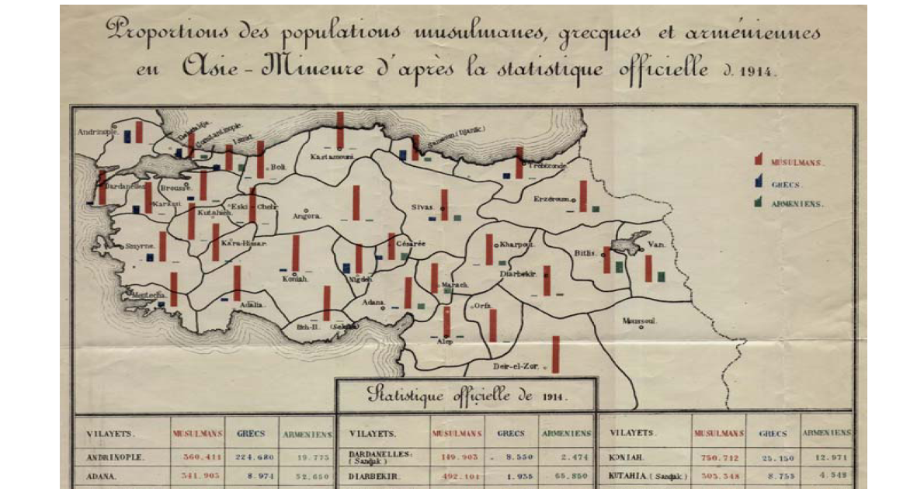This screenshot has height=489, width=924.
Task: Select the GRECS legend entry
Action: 786,185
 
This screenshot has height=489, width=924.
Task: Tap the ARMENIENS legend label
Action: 796,204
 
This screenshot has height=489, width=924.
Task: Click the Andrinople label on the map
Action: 98,132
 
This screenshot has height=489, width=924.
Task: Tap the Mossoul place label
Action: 640,320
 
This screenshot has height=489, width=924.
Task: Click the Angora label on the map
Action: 306,217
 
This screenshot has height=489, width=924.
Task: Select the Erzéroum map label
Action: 551,199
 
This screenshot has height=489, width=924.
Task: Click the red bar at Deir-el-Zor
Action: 556,354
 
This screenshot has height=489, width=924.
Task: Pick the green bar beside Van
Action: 661,276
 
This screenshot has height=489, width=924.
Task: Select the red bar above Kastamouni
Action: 340,129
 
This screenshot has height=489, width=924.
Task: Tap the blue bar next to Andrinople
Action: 127,136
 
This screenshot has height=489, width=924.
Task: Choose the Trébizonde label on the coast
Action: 548,166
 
